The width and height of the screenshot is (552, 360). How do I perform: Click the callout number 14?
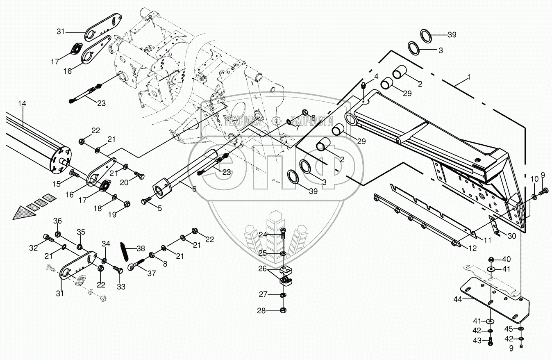click(22, 104)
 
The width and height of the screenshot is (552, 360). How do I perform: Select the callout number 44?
click(458, 300)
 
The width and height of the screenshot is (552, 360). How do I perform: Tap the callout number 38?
click(141, 248)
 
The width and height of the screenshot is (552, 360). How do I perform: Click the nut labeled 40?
click(491, 260)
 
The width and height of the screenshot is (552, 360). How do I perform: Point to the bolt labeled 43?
click(491, 340)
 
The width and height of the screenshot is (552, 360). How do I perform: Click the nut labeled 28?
click(283, 310)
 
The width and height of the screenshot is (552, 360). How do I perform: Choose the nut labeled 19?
click(125, 203)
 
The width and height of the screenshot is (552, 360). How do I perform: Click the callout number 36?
click(58, 221)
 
